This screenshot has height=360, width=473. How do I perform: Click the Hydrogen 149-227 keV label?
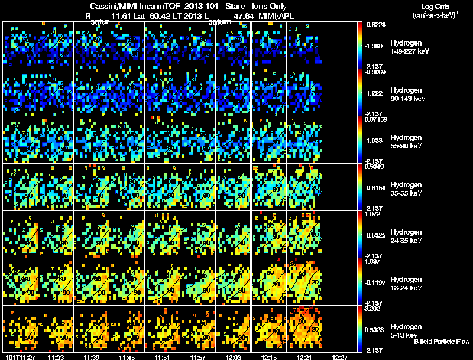click(x=409, y=47)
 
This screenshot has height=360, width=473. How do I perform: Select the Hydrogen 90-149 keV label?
click(x=409, y=95)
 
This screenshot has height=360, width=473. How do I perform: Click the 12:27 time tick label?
click(x=339, y=356)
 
